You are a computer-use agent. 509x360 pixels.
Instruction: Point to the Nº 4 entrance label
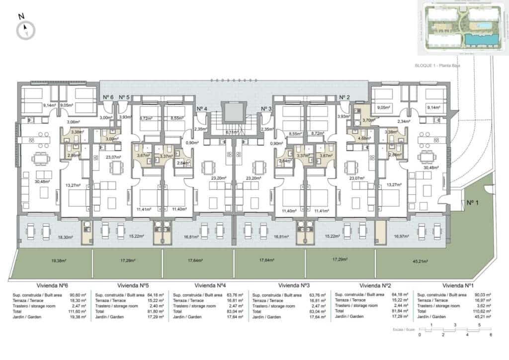coord(202,109)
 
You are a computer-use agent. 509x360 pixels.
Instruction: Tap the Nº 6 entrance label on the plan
coord(108,97)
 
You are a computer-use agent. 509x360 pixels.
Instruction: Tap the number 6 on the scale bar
coord(490,335)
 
